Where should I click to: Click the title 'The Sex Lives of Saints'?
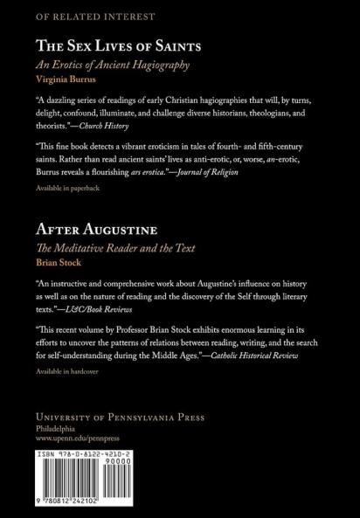click(x=114, y=45)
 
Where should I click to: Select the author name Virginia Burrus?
click(x=70, y=79)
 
